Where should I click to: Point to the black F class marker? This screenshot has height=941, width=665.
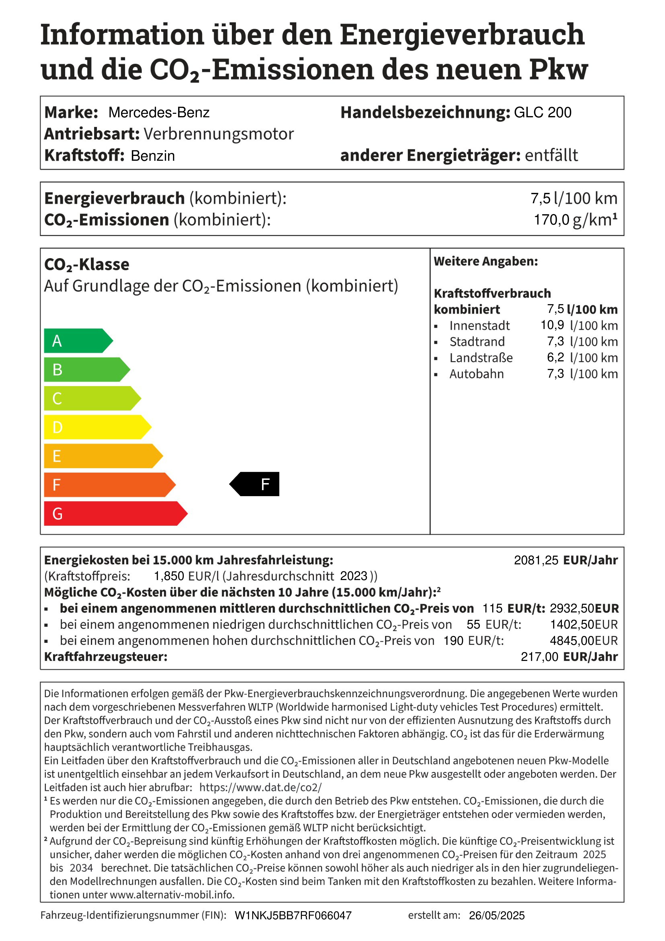pyautogui.click(x=255, y=484)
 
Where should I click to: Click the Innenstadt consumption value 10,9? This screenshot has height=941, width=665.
pyautogui.click(x=552, y=325)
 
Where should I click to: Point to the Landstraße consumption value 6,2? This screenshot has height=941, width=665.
pyautogui.click(x=555, y=357)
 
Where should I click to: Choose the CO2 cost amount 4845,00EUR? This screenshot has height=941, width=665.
pyautogui.click(x=584, y=641)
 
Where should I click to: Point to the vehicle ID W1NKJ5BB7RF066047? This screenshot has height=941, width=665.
pyautogui.click(x=293, y=916)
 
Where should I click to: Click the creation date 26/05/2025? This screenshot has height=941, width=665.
pyautogui.click(x=497, y=916)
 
